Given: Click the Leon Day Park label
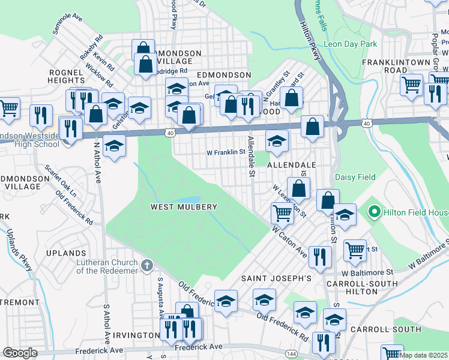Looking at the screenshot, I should click(350, 44).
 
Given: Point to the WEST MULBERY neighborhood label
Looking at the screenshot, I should click(183, 207).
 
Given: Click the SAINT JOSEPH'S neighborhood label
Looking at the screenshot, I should click(276, 278).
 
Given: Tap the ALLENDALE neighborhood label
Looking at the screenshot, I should click(291, 164).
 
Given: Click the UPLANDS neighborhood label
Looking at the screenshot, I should click(66, 253).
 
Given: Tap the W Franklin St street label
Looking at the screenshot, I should click(226, 152).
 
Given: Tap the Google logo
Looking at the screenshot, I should click(20, 353).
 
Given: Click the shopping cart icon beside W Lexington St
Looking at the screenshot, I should click(282, 212).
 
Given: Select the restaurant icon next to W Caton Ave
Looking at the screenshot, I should click(320, 256).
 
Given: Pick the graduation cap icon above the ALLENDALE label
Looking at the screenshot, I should click(277, 141).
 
